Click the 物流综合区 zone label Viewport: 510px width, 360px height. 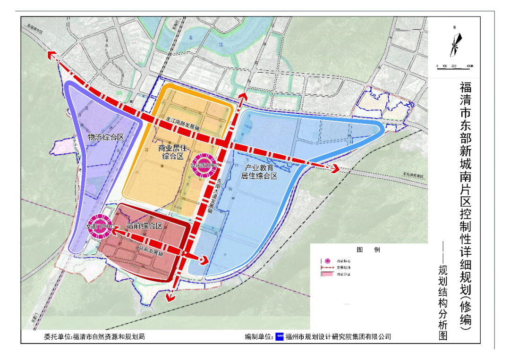(x=106, y=137)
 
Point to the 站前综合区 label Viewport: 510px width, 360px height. (x=145, y=226)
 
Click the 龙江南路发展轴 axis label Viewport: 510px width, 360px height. (x=184, y=124)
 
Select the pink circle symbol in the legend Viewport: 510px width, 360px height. (x=327, y=260)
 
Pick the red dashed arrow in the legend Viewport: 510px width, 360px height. (x=327, y=267)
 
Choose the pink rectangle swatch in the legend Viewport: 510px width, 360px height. (x=327, y=274)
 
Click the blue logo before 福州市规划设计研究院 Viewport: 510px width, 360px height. (x=279, y=336)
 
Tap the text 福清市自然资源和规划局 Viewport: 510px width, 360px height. (x=108, y=336)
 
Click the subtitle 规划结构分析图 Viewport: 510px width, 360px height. (x=442, y=302)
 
